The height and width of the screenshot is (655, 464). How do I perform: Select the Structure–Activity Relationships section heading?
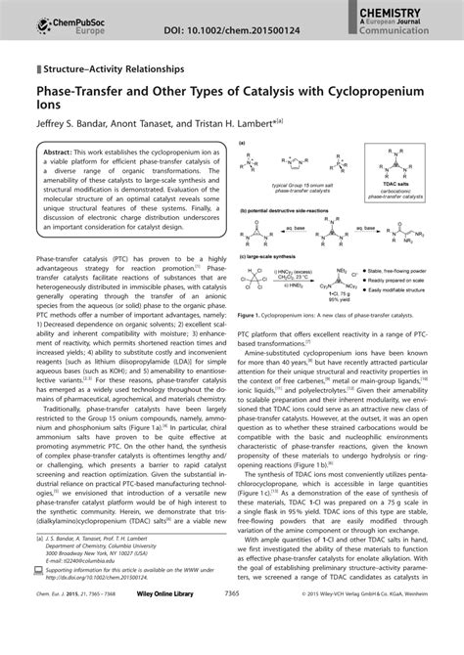click(x=113, y=70)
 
